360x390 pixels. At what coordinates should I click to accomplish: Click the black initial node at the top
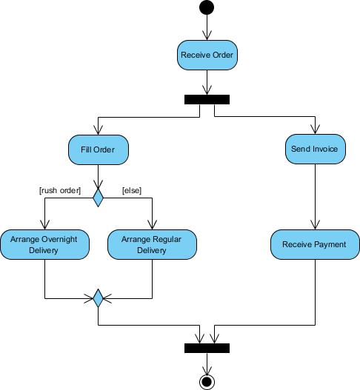pyautogui.click(x=207, y=8)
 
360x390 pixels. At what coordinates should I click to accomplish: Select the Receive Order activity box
pyautogui.click(x=207, y=56)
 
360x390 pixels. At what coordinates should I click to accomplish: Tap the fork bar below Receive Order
pyautogui.click(x=207, y=99)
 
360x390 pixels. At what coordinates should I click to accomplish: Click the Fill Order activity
pyautogui.click(x=98, y=149)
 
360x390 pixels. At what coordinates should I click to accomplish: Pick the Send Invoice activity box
pyautogui.click(x=315, y=149)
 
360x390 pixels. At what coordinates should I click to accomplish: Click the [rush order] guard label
pyautogui.click(x=59, y=190)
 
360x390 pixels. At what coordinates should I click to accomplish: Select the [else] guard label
pyautogui.click(x=133, y=190)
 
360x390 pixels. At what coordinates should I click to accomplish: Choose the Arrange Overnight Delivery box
pyautogui.click(x=44, y=244)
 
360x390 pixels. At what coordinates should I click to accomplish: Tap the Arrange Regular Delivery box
pyautogui.click(x=152, y=244)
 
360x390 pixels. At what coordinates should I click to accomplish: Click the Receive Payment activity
pyautogui.click(x=315, y=244)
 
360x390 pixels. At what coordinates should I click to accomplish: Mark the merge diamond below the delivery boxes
pyautogui.click(x=98, y=299)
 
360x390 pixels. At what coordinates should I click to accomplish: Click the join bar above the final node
pyautogui.click(x=207, y=348)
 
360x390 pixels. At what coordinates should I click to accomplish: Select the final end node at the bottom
pyautogui.click(x=207, y=381)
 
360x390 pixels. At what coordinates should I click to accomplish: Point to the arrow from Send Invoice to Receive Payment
pyautogui.click(x=315, y=196)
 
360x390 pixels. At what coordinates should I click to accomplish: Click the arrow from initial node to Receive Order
pyautogui.click(x=207, y=27)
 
